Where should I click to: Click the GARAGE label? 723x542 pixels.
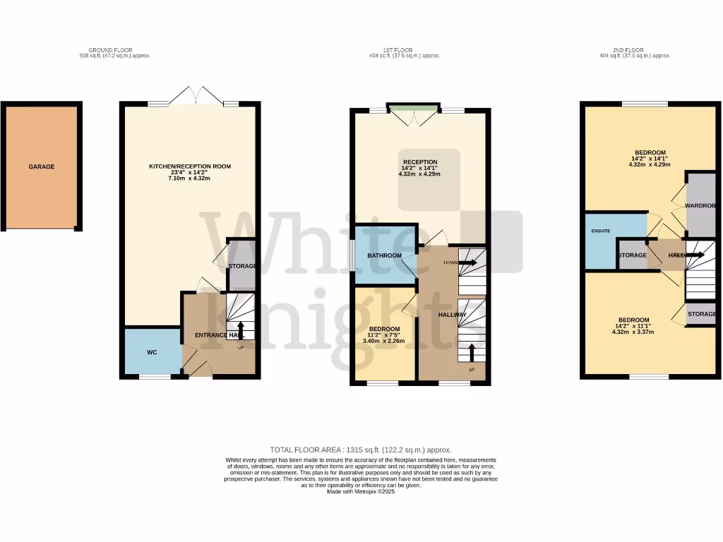(x=42, y=167)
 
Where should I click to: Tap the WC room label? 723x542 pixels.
(x=152, y=351)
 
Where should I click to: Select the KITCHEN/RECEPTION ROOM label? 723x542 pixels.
(x=189, y=167)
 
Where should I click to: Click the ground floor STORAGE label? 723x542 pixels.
(x=241, y=266)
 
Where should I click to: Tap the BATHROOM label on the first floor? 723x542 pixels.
(x=384, y=255)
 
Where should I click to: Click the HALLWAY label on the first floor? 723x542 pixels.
(x=452, y=315)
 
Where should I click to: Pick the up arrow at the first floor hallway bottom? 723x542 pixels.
(x=472, y=351)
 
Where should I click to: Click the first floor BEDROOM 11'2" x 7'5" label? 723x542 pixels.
(x=386, y=329)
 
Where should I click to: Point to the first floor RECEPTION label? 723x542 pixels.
(x=420, y=162)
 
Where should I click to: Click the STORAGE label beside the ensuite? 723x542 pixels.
(x=632, y=255)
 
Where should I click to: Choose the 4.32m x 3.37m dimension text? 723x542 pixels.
(x=633, y=332)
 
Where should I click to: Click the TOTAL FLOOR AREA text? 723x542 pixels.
(x=361, y=450)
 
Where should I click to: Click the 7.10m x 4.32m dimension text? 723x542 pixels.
(x=189, y=179)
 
